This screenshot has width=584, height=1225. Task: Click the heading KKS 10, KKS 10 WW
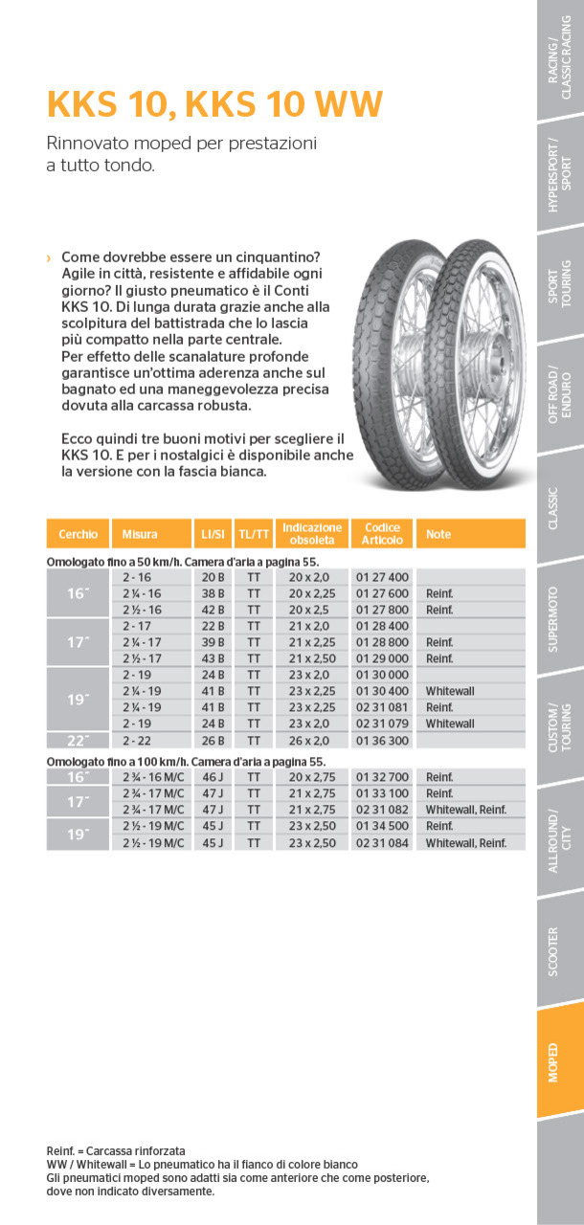214,103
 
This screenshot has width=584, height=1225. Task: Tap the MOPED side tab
560,1062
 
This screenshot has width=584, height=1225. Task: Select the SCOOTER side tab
560,951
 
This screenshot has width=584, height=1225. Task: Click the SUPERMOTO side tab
560,619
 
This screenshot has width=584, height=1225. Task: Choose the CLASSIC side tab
560,508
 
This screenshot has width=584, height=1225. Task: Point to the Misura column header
140,534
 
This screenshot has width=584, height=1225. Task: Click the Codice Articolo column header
382,534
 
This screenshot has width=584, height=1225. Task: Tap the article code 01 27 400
382,577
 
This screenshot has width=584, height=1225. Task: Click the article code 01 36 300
382,740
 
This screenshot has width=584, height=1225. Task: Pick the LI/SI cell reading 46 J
212,777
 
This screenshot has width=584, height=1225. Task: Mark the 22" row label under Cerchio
78,740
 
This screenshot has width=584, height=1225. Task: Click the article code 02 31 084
382,842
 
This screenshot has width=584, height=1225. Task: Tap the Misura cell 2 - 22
137,740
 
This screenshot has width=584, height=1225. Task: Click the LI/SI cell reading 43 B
212,658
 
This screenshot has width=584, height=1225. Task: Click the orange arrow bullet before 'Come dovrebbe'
49,258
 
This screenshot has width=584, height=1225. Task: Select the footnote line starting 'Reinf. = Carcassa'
116,1150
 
